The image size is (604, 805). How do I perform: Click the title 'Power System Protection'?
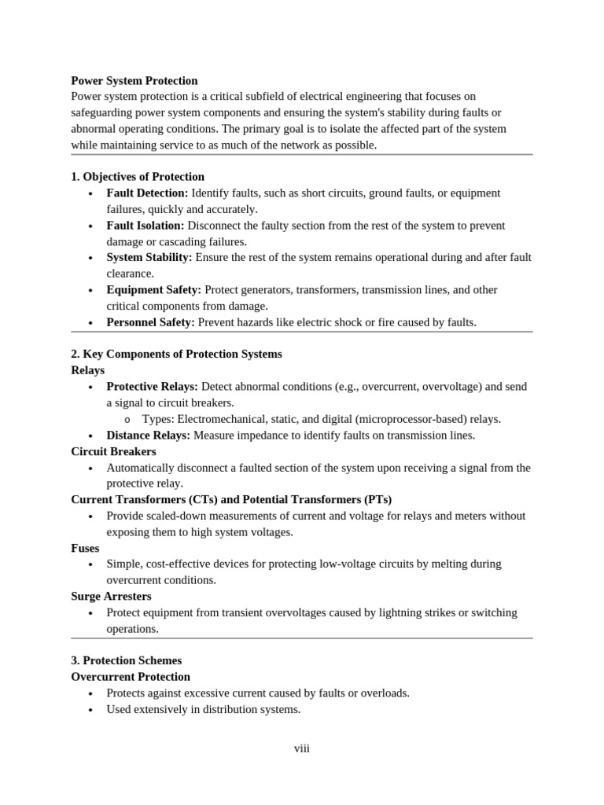pyautogui.click(x=134, y=80)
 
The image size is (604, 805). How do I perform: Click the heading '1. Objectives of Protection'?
pyautogui.click(x=138, y=177)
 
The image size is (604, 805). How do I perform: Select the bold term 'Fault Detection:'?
pyautogui.click(x=147, y=193)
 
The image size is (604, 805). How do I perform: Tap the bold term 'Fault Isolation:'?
pyautogui.click(x=145, y=226)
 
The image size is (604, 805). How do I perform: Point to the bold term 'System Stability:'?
pyautogui.click(x=149, y=258)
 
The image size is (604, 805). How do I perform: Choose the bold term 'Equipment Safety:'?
pyautogui.click(x=154, y=290)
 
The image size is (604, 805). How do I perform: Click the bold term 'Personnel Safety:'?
pyautogui.click(x=151, y=322)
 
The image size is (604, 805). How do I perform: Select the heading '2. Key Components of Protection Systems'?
pyautogui.click(x=176, y=354)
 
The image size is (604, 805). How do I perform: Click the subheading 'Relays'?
pyautogui.click(x=87, y=370)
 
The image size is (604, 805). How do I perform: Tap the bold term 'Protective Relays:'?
pyautogui.click(x=153, y=387)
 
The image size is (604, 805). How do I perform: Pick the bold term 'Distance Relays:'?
pyautogui.click(x=149, y=435)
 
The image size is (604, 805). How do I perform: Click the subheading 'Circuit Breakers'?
pyautogui.click(x=113, y=451)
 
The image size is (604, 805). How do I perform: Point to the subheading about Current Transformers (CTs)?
pyautogui.click(x=231, y=499)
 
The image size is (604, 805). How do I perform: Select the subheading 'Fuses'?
pyautogui.click(x=85, y=548)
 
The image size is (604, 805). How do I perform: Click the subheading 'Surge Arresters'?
pyautogui.click(x=111, y=596)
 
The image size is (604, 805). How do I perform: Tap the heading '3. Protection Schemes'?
pyautogui.click(x=126, y=660)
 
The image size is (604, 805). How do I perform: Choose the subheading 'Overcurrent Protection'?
pyautogui.click(x=131, y=677)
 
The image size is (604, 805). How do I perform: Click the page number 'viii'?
pyautogui.click(x=302, y=748)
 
